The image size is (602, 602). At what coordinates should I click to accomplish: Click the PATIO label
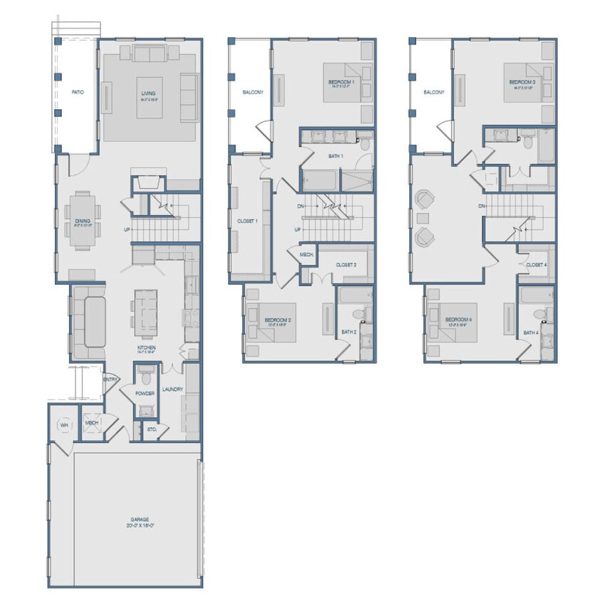click(x=78, y=92)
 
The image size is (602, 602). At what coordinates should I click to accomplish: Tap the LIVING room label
click(x=148, y=93)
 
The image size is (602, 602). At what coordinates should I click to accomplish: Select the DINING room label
click(x=83, y=221)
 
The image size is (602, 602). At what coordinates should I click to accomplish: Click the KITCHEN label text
click(x=147, y=348)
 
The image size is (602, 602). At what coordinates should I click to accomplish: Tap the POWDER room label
click(x=146, y=393)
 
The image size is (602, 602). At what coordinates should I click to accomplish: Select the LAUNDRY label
click(x=172, y=389)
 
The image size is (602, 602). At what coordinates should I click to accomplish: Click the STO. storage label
click(x=152, y=429)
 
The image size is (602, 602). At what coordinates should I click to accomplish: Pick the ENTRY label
click(x=111, y=379)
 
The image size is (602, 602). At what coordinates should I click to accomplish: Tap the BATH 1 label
click(x=336, y=156)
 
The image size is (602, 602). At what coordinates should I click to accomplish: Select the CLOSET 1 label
click(x=247, y=221)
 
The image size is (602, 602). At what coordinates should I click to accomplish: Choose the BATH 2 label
click(x=348, y=332)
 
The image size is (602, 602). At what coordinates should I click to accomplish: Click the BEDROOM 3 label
click(x=522, y=83)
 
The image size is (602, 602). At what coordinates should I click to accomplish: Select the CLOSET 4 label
click(x=536, y=265)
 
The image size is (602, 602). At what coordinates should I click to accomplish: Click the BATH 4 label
click(x=531, y=332)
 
